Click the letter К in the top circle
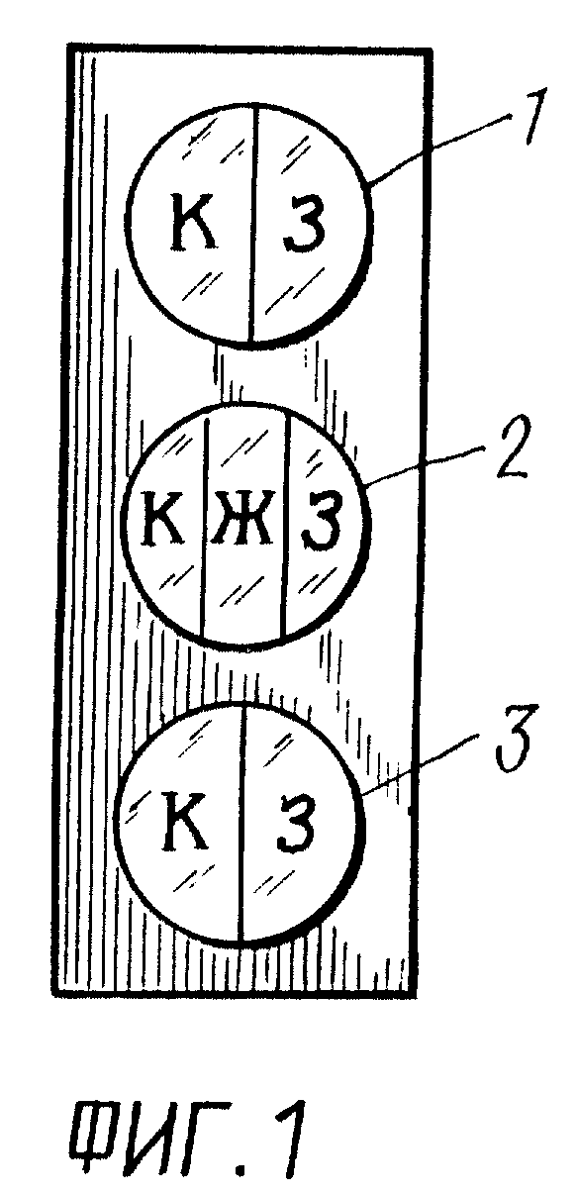pyautogui.click(x=193, y=222)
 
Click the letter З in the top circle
pyautogui.click(x=304, y=223)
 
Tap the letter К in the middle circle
pyautogui.click(x=164, y=516)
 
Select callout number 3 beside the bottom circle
pyautogui.click(x=514, y=740)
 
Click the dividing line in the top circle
pyautogui.click(x=252, y=224)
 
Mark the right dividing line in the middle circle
pyautogui.click(x=285, y=527)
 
